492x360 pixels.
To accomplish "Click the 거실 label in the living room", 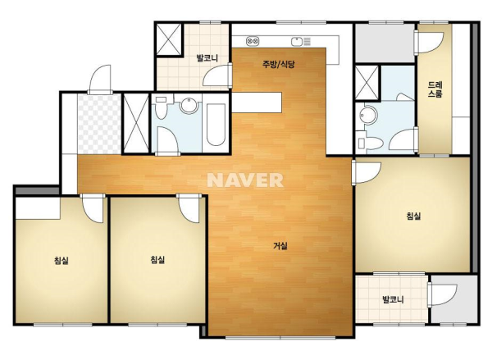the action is pos(280,246).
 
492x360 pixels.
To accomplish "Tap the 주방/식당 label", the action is pos(279,64).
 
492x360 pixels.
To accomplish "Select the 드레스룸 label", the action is pos(435,89).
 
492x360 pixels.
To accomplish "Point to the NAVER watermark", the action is pos(245,180).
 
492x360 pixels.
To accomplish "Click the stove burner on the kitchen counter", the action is pos(253,41).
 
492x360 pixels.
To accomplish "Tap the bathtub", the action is pos(216,125).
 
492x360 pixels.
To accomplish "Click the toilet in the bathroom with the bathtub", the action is pos(162,107).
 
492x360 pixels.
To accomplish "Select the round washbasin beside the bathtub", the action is pos(189,105).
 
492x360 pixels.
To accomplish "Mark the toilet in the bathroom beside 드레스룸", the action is pos(371,144).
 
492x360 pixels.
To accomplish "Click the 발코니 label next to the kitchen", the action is pos(207,58).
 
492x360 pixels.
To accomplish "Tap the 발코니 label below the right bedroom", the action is pos(393,299).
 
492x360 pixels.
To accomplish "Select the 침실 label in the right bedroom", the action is pos(413,216).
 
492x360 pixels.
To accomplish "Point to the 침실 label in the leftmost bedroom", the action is pos(61,261).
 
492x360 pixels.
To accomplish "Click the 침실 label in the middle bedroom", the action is pos(157,260).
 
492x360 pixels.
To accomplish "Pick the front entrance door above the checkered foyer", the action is pos(100,80).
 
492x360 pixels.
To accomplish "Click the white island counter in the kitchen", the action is pos(257,102).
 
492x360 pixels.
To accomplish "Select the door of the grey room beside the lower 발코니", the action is pos(443,295).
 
